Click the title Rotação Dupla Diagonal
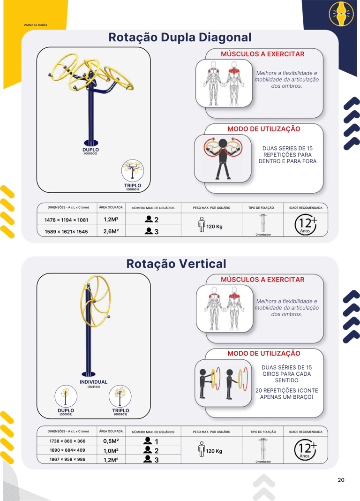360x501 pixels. click(180, 38)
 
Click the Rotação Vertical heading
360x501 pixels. click(176, 264)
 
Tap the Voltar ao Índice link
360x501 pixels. click(35, 25)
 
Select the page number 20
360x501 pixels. click(341, 480)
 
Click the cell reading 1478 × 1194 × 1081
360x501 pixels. click(66, 220)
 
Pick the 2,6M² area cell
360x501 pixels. click(111, 231)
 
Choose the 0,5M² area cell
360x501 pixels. click(111, 441)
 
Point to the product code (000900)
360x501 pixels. click(90, 154)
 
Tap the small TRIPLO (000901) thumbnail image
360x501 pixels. click(133, 170)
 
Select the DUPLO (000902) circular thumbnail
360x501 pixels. click(66, 396)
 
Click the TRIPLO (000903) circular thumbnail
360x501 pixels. click(120, 396)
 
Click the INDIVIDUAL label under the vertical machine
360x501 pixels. click(93, 382)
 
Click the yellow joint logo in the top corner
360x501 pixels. click(341, 14)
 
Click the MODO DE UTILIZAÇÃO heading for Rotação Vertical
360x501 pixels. click(264, 353)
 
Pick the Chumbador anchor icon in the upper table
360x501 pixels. click(263, 223)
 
